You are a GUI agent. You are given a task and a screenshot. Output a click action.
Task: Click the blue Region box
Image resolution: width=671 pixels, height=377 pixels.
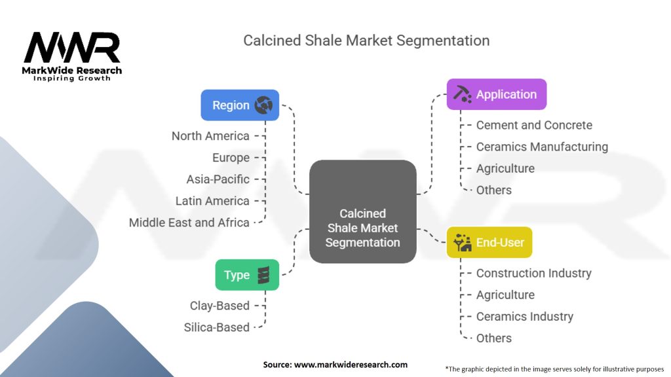[x=240, y=105]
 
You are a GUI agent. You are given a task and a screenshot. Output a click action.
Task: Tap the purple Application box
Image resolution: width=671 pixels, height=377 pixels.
[x=496, y=94]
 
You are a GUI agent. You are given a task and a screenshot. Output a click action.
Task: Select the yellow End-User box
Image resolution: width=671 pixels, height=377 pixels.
[x=489, y=242]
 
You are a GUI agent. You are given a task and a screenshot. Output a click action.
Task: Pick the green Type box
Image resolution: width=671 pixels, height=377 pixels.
[x=247, y=275]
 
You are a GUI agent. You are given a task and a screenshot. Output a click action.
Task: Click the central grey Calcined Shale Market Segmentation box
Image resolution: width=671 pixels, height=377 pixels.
[x=362, y=212]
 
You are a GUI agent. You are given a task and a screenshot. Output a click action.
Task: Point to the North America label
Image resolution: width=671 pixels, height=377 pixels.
[x=210, y=136]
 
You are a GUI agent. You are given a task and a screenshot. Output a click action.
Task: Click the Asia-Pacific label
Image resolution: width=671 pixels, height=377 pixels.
[x=218, y=179]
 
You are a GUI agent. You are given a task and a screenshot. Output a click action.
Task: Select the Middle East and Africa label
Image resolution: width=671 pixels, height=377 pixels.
[x=189, y=223]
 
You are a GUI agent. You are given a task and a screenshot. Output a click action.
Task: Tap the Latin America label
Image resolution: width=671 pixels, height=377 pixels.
[x=212, y=201]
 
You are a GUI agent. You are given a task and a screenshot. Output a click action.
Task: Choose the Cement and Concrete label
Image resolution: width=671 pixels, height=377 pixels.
[x=534, y=125]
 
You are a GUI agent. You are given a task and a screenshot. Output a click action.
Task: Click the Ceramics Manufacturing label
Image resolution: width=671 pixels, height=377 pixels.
[x=542, y=147]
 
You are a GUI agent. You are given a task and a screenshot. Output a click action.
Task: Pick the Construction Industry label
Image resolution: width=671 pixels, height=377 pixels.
[x=533, y=273]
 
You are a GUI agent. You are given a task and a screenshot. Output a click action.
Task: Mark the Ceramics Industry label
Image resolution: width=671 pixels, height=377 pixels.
[x=524, y=316]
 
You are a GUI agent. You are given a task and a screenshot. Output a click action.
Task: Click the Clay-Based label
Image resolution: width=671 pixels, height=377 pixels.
[x=220, y=305]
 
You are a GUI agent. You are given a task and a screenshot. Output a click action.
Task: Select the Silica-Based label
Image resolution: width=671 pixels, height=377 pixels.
[x=217, y=327]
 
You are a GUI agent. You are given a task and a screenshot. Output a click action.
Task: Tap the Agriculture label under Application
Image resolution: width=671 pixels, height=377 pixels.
[x=505, y=168]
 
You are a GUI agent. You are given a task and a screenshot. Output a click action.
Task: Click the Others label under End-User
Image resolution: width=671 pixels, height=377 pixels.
[x=493, y=338]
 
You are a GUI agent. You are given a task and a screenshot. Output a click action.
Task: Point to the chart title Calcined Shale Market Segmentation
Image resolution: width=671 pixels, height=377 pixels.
[x=366, y=40]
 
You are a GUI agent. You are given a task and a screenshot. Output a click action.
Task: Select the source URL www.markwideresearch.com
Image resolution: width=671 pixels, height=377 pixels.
[x=335, y=365]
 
